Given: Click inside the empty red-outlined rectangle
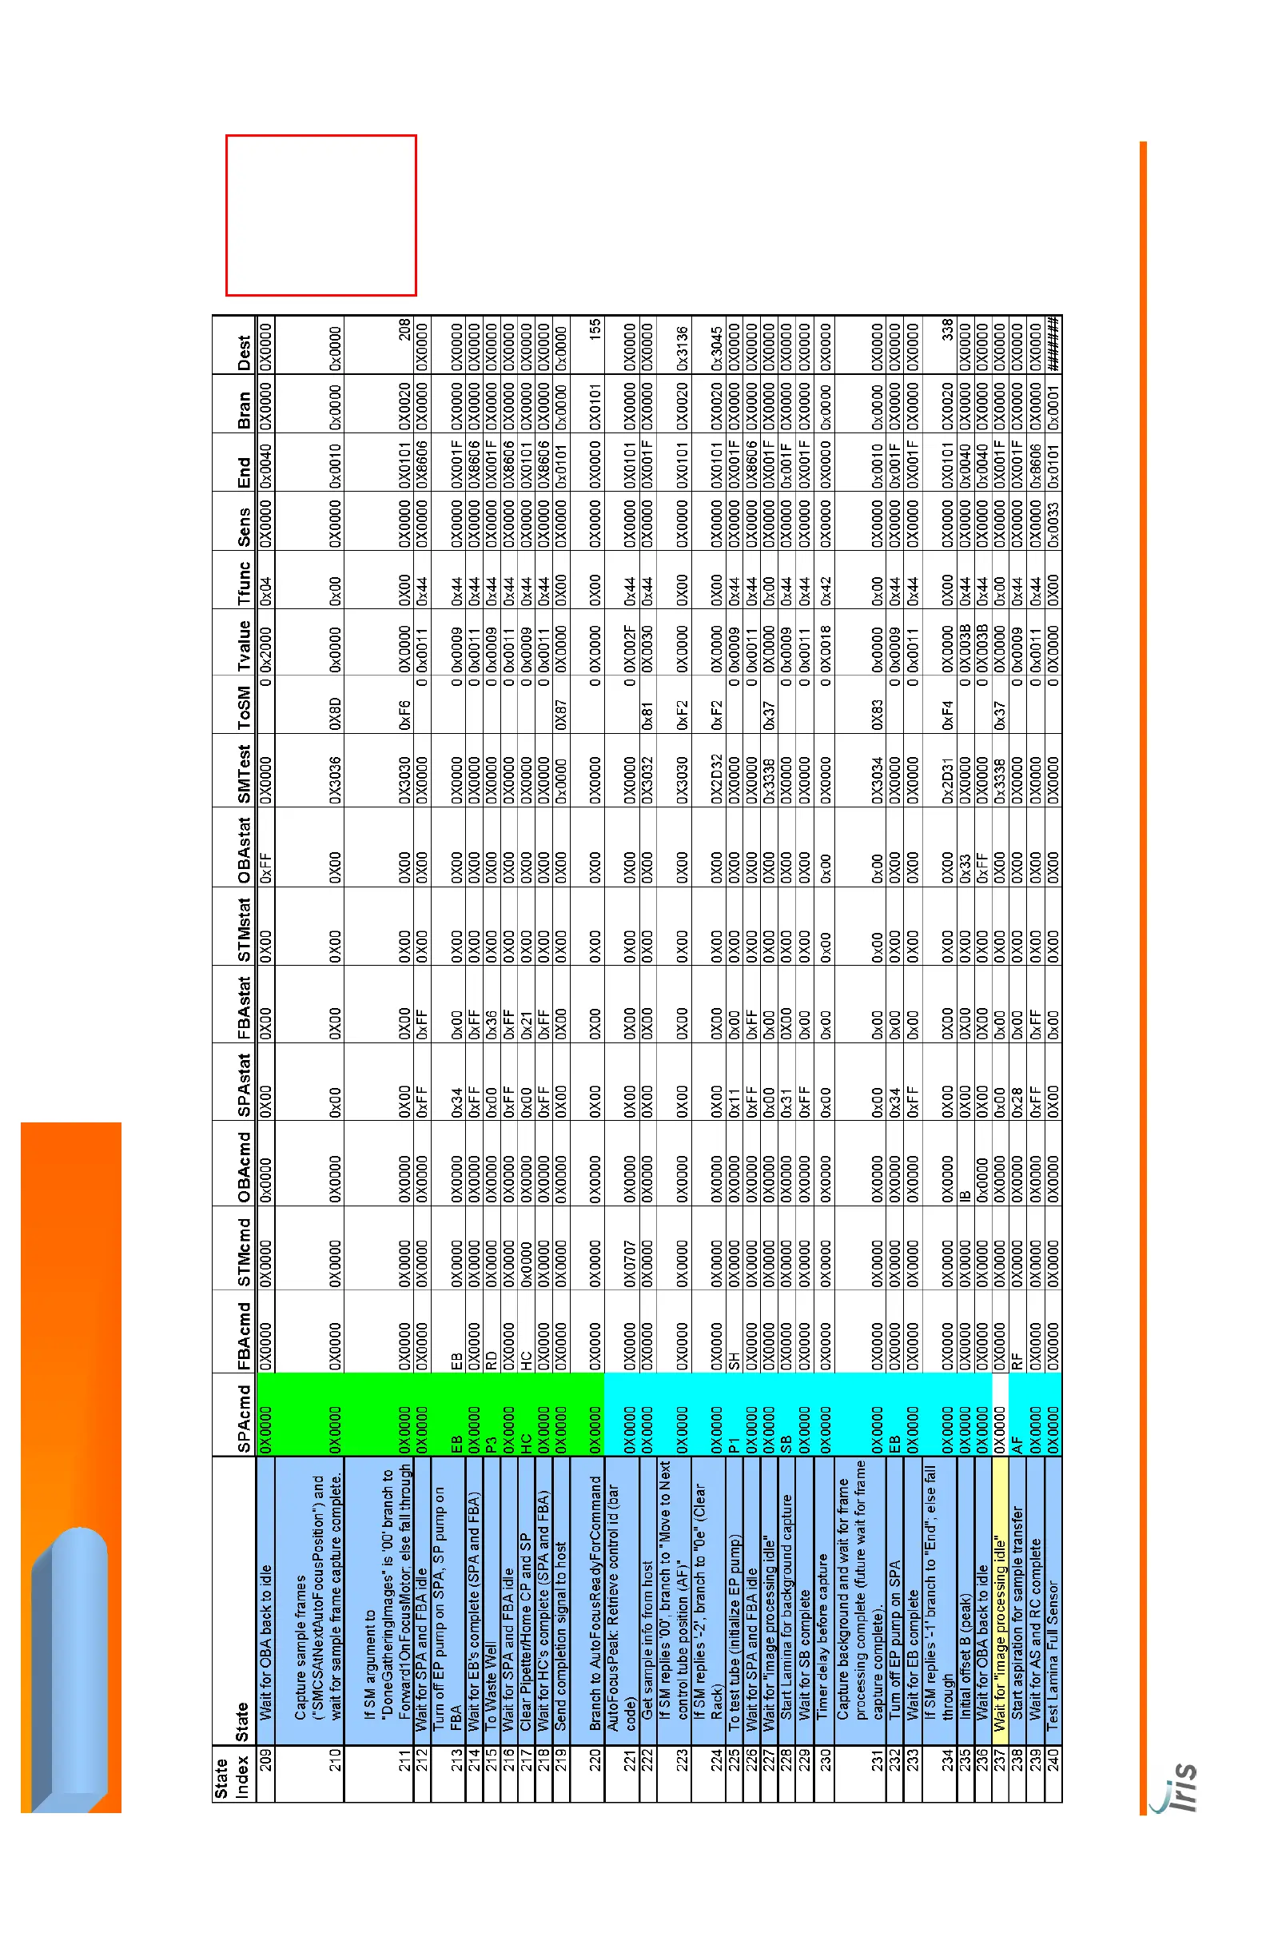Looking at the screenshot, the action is (320, 214).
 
